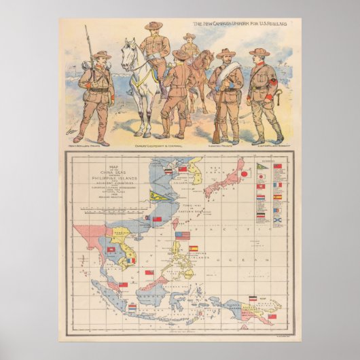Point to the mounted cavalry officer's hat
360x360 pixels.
coord(154,25)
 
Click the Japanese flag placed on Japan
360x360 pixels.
coord(243,173)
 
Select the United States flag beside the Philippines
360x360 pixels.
coord(183,235)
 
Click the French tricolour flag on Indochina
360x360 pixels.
coord(131,260)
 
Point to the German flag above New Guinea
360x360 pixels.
coord(253,298)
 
